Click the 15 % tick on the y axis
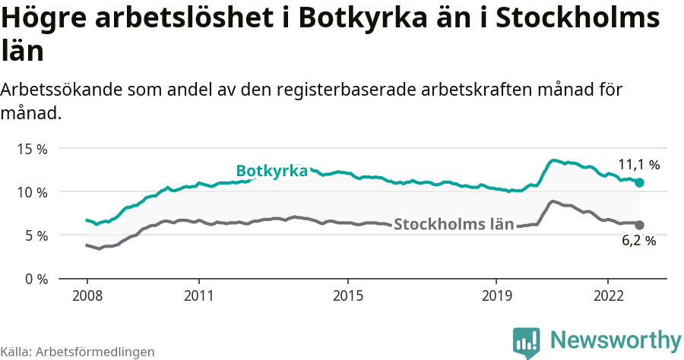32,149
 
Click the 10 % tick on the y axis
32,192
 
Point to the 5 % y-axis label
35,235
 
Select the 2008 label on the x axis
87,295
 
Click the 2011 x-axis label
198,295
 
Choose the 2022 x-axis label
608,295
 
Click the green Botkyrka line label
271,171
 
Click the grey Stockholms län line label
454,224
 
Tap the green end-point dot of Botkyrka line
640,182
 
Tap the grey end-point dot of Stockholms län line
640,225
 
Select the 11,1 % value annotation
638,164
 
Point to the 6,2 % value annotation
638,242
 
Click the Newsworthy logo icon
527,343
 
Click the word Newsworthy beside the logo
616,339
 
